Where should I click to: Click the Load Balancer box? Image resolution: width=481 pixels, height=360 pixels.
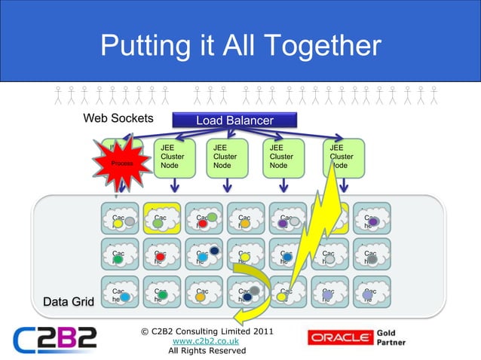click(x=234, y=121)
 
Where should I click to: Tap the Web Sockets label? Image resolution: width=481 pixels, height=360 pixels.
click(x=118, y=118)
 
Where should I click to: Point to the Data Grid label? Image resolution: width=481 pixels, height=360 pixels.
click(x=66, y=302)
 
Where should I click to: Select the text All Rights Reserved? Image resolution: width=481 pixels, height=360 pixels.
click(x=207, y=351)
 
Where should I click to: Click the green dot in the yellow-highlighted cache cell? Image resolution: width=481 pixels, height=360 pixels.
click(x=158, y=223)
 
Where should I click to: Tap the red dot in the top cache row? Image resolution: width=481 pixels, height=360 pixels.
click(x=203, y=224)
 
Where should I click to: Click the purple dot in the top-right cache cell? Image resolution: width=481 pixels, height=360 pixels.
click(x=373, y=222)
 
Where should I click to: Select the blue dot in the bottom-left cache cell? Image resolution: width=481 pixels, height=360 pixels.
click(x=125, y=298)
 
